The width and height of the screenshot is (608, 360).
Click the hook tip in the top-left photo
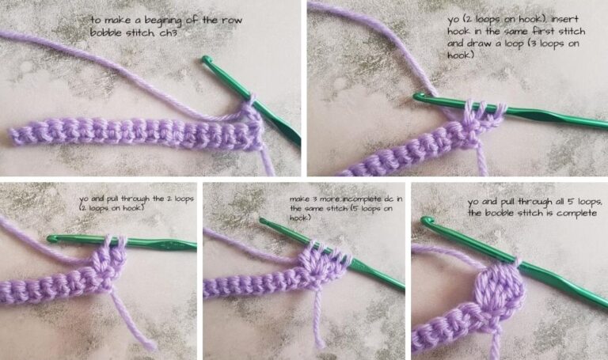[208, 60]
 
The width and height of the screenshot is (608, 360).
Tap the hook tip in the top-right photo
[418, 97]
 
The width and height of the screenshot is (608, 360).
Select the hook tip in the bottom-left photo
[52, 237]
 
